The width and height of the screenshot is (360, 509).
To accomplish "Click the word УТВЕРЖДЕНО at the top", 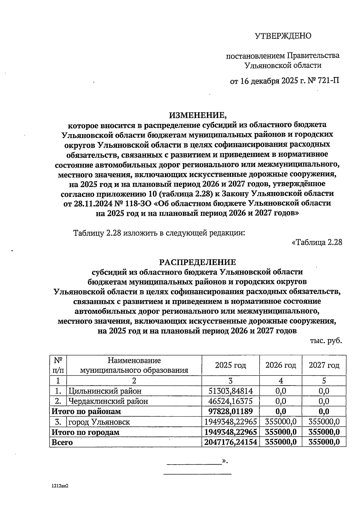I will tap(283, 36).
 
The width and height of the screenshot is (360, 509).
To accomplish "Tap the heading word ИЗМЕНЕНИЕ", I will tap(197, 115).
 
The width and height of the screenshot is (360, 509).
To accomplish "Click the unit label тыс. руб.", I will tap(326, 341).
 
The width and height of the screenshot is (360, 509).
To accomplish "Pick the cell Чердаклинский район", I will tap(108, 401).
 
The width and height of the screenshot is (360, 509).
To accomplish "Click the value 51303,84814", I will tap(231, 391).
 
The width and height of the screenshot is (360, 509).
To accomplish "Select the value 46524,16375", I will tap(231, 401).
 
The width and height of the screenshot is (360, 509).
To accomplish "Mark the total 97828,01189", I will tap(231, 411).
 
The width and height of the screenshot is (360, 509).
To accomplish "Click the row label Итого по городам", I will tap(85, 432).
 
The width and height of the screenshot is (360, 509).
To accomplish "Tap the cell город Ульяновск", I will tap(99, 422).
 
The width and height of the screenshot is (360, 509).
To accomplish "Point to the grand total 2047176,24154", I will tap(231, 442).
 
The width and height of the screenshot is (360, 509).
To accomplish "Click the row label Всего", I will tap(62, 442).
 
